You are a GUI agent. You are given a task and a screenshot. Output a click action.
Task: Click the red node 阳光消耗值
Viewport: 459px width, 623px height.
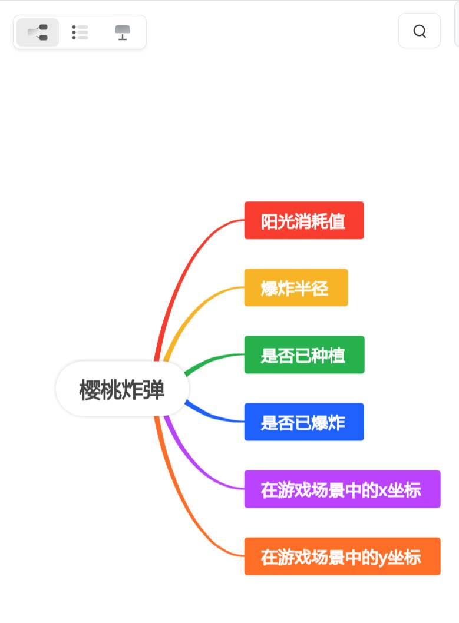(304, 221)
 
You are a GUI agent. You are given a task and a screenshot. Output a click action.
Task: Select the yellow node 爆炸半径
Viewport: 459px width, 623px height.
(296, 288)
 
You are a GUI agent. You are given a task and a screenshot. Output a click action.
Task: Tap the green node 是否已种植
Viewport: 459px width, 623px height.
(304, 355)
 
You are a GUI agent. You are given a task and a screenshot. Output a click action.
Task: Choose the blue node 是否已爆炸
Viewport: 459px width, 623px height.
(304, 422)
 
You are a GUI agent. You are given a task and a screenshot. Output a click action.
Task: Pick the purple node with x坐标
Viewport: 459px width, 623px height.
(342, 489)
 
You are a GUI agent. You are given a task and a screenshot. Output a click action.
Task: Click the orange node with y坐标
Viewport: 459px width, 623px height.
(342, 556)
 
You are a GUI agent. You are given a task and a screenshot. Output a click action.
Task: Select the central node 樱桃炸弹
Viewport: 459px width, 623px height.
(122, 389)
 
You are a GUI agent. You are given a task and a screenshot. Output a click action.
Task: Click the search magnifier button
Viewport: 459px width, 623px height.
(420, 31)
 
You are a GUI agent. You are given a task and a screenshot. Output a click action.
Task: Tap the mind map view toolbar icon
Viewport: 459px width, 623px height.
(38, 32)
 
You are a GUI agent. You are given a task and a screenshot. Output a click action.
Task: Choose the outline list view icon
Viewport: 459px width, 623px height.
(80, 32)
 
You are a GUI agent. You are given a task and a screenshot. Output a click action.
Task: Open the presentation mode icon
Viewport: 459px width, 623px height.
(122, 32)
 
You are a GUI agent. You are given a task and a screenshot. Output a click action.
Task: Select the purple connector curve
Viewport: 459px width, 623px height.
(194, 465)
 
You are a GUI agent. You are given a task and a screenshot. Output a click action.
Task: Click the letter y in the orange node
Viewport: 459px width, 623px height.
(382, 558)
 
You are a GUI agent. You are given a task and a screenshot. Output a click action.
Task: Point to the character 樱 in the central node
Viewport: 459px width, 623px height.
(90, 390)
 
